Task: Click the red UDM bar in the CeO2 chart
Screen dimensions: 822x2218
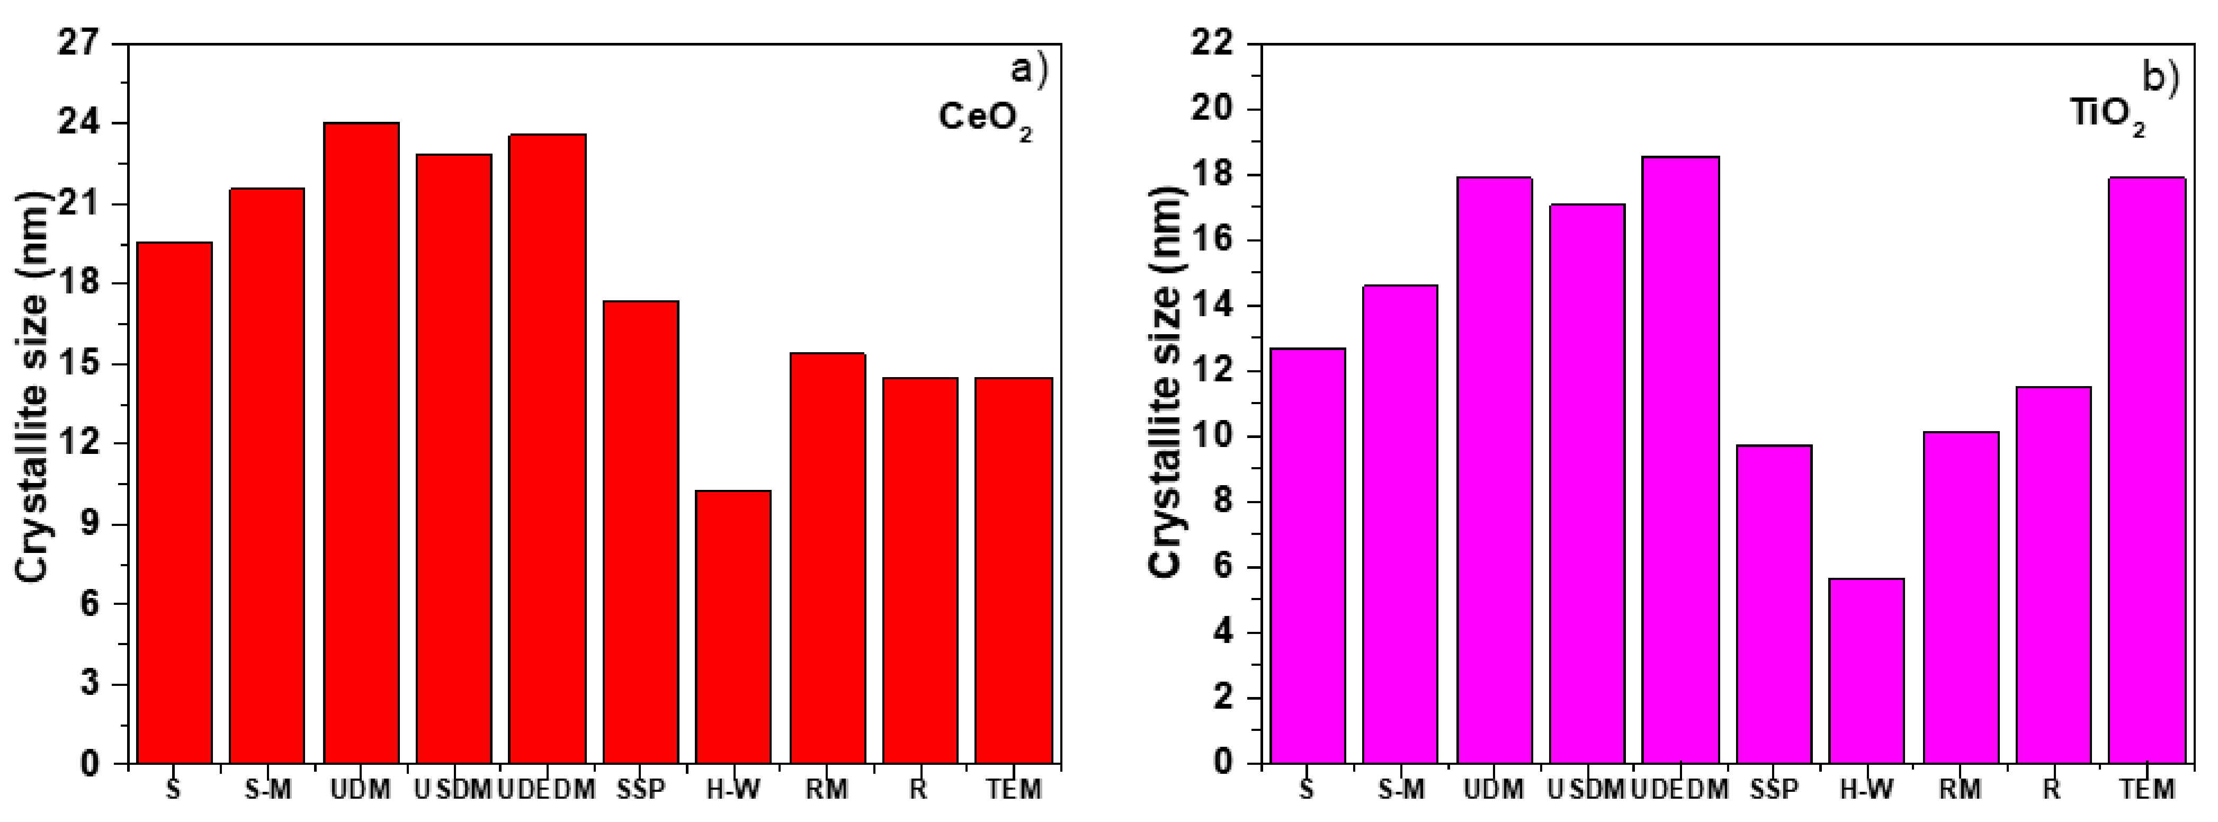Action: tap(361, 443)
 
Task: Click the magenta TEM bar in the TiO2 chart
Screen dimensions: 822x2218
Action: tap(2148, 470)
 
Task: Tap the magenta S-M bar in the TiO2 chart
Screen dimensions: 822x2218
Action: tap(1400, 524)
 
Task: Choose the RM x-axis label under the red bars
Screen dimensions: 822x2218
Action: tap(827, 789)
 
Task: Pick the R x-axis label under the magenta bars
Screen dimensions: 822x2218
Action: tap(2053, 789)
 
